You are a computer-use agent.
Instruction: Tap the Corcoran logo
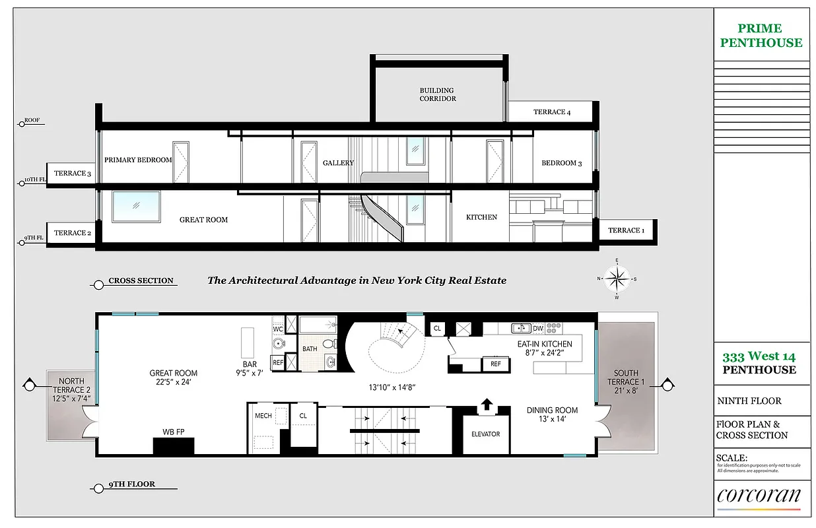pos(759,496)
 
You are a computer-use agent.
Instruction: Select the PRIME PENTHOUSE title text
pos(761,36)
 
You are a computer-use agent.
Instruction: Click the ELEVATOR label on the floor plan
pos(485,434)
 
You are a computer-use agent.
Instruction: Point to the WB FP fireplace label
pos(173,432)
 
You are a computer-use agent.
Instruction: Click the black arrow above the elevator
pos(487,404)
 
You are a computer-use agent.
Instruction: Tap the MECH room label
pos(263,416)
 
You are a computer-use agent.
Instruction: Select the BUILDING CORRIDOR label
pos(437,94)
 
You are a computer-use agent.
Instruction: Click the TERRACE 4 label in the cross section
pos(551,112)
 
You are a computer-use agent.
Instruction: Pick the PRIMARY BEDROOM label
pos(138,160)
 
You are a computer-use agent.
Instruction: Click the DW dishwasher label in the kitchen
pos(537,328)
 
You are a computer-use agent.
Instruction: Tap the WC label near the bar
pos(278,328)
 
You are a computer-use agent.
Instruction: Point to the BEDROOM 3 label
pos(561,163)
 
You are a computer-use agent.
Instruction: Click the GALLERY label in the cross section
pos(338,163)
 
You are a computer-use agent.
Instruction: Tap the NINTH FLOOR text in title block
pos(749,401)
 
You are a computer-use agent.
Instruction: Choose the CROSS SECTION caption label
pos(141,280)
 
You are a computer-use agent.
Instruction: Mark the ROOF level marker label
pos(32,121)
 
